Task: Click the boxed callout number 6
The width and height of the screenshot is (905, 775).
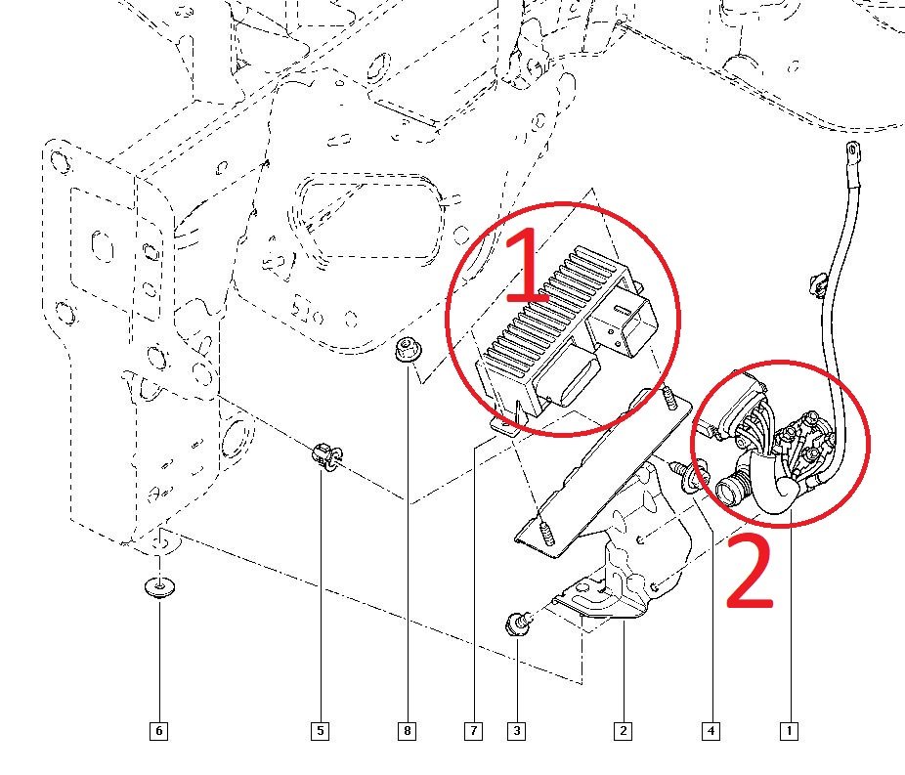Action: pos(158,730)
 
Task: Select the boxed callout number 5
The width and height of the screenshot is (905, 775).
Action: pos(320,730)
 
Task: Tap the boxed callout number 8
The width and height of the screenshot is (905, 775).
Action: pos(407,730)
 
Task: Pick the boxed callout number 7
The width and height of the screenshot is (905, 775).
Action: pos(473,730)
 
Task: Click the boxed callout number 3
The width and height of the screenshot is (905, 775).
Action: pos(515,730)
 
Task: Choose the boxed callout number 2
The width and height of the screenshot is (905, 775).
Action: pos(622,730)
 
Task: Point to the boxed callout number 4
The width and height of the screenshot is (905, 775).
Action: pos(711,730)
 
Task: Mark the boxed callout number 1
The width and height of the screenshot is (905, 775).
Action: pos(789,730)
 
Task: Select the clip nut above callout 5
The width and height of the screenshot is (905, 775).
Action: pos(325,455)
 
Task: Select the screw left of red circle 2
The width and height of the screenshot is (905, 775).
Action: pos(684,476)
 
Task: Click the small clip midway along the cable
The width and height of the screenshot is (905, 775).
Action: pos(819,284)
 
